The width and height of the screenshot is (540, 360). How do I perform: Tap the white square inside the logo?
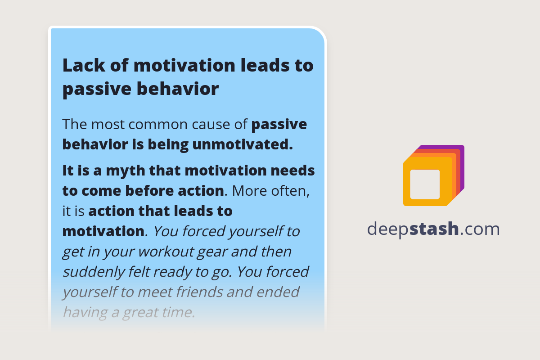pos(425,184)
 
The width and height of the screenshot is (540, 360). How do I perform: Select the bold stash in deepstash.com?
pos(434,229)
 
